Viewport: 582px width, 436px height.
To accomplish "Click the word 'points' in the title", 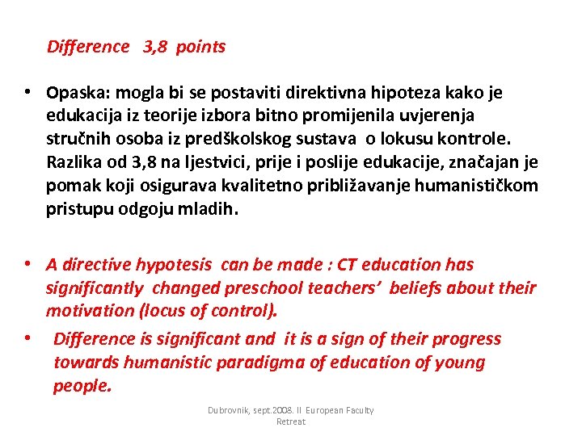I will pos(200,47).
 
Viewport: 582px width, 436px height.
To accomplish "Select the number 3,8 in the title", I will pos(156,47).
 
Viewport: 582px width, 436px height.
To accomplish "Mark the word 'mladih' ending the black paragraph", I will pos(210,210).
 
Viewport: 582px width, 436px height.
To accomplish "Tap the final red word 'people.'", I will pos(82,385).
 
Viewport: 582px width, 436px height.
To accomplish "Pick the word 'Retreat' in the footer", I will pos(291,421).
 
